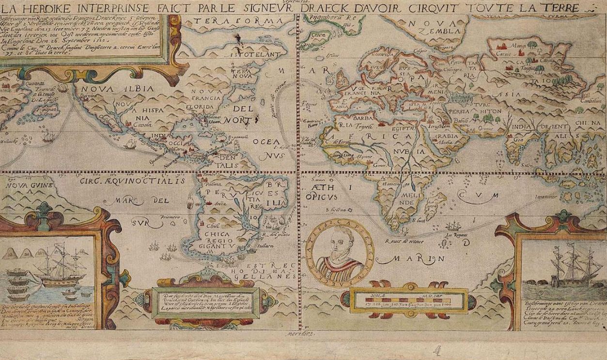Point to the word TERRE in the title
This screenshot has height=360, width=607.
[560, 8]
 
